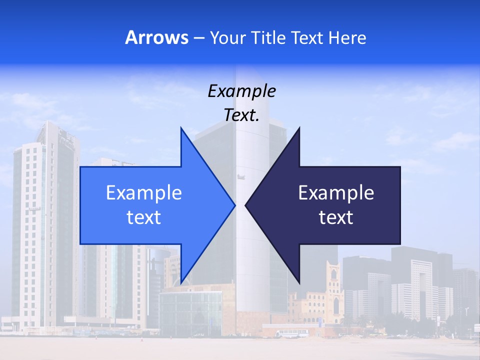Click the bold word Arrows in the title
156,37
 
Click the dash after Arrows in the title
198,38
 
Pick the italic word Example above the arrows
241,91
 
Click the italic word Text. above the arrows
241,115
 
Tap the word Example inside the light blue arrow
144,192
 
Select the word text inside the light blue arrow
144,217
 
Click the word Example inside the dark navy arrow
336,192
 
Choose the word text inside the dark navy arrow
336,217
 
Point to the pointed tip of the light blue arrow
234,205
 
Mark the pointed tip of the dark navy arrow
246,205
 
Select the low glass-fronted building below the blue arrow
190,312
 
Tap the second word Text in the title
308,37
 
